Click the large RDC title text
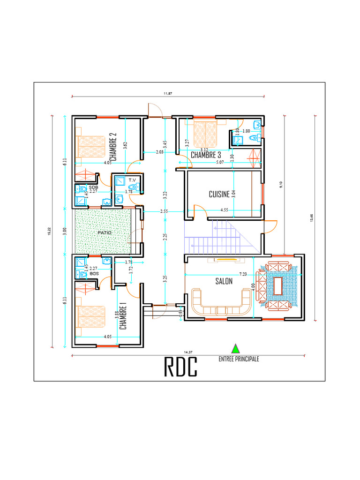coord(180,367)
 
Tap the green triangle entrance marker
coord(235,348)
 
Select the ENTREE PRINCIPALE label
coord(239,359)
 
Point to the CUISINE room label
coord(219,194)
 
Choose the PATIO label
coord(104,232)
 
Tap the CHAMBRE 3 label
coord(206,155)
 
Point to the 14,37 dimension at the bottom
coord(188,352)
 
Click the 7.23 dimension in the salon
coord(243,273)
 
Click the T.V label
coord(132,180)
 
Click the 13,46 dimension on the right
coord(311,218)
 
